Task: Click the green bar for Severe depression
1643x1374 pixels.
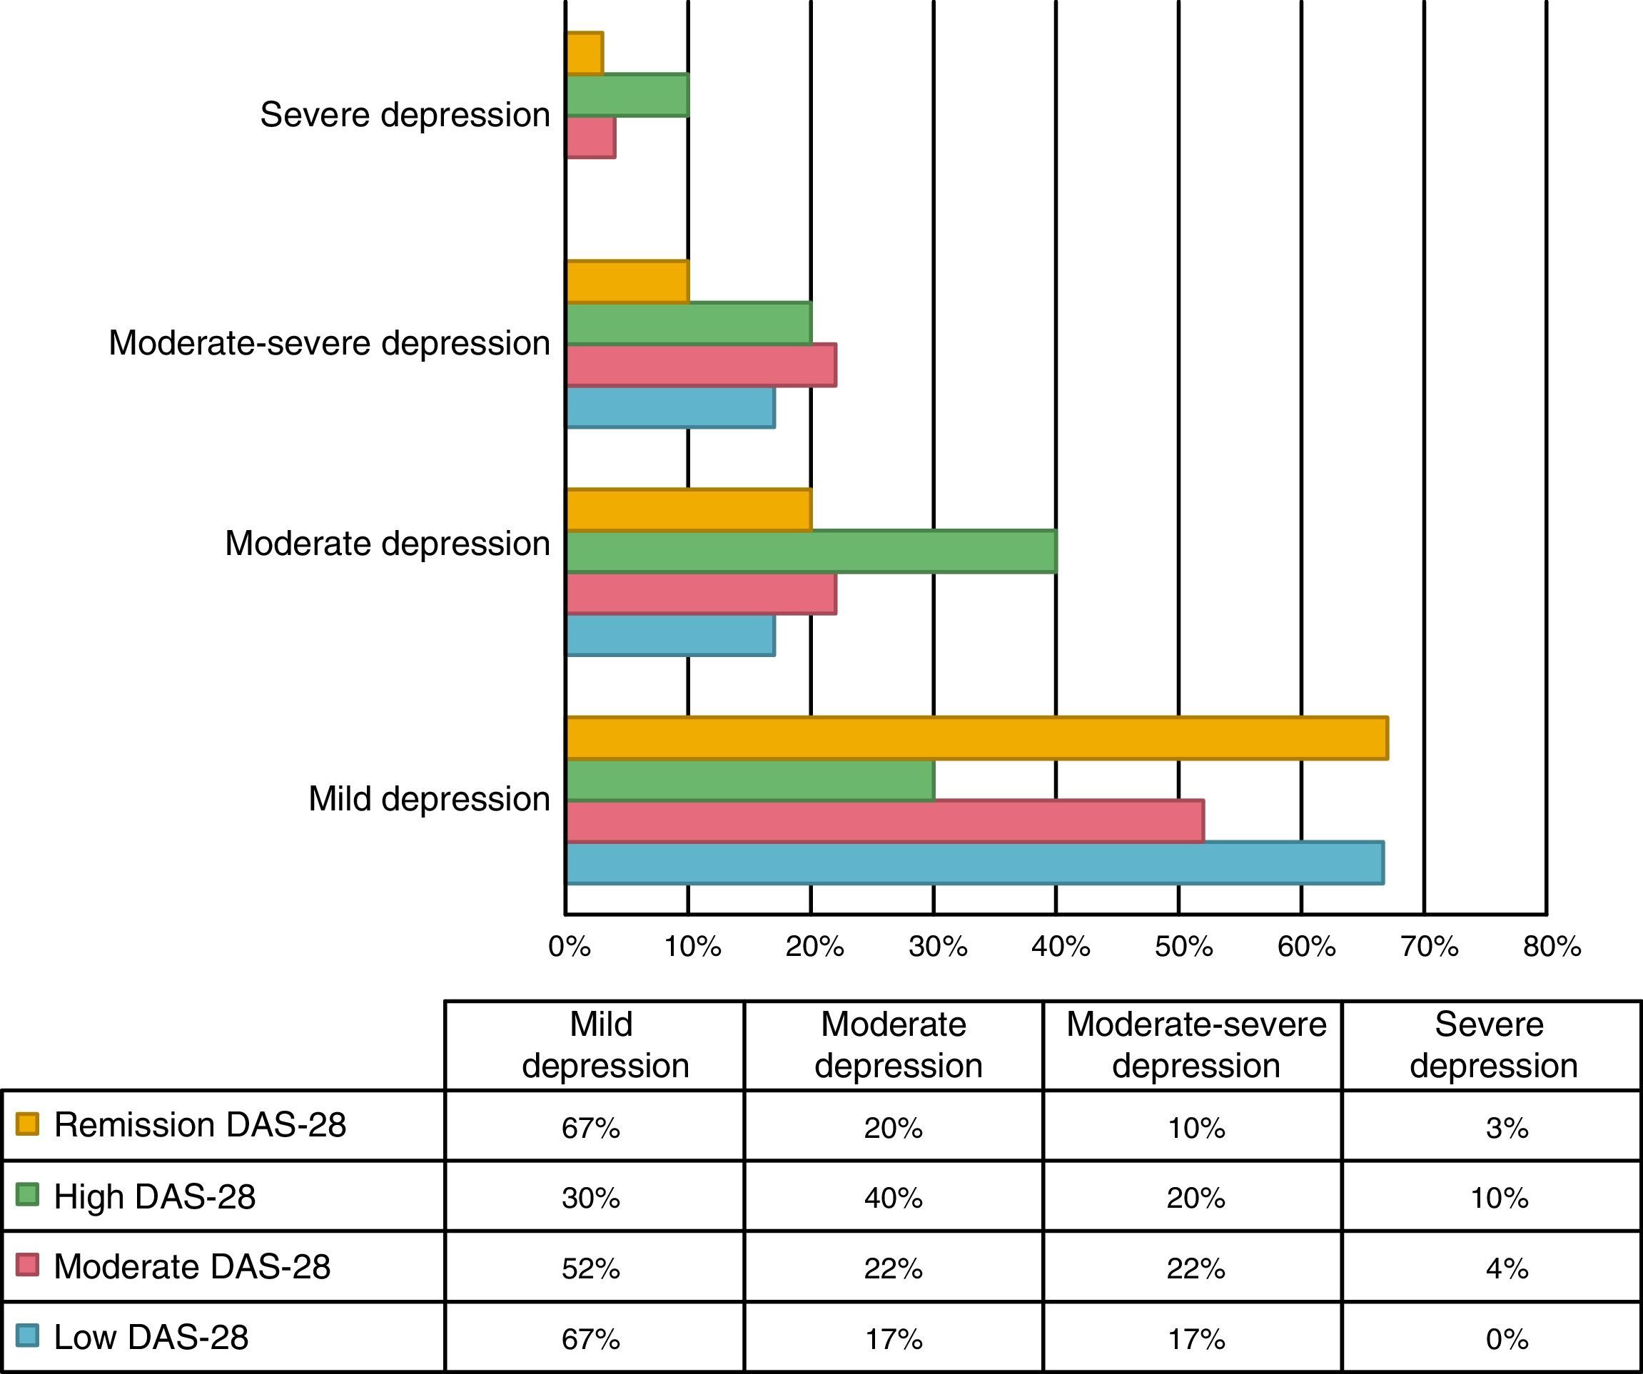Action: coord(627,95)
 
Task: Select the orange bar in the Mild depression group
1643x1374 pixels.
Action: coord(976,738)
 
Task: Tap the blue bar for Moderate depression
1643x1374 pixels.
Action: coord(669,635)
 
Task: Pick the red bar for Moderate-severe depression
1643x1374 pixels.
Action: coord(700,365)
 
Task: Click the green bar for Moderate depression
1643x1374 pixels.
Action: coord(811,551)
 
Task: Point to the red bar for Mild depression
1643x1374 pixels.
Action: coord(884,821)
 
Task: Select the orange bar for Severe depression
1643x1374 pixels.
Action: coord(584,54)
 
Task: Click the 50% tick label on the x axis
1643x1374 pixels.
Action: coord(1183,947)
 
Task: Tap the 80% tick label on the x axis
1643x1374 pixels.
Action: coord(1552,947)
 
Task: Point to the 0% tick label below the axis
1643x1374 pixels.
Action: coord(569,947)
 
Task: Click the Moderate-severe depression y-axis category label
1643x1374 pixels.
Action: coord(329,343)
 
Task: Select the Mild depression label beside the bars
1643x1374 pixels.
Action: coord(429,799)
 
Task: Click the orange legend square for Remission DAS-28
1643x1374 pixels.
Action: coord(27,1124)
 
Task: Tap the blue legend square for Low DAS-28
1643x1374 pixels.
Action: coord(27,1335)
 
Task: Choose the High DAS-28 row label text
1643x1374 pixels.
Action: coord(154,1196)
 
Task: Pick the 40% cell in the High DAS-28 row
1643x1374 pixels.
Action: coord(893,1198)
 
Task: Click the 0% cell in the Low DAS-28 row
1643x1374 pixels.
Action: coord(1507,1339)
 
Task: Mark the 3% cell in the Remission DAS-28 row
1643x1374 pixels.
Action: coord(1507,1128)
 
